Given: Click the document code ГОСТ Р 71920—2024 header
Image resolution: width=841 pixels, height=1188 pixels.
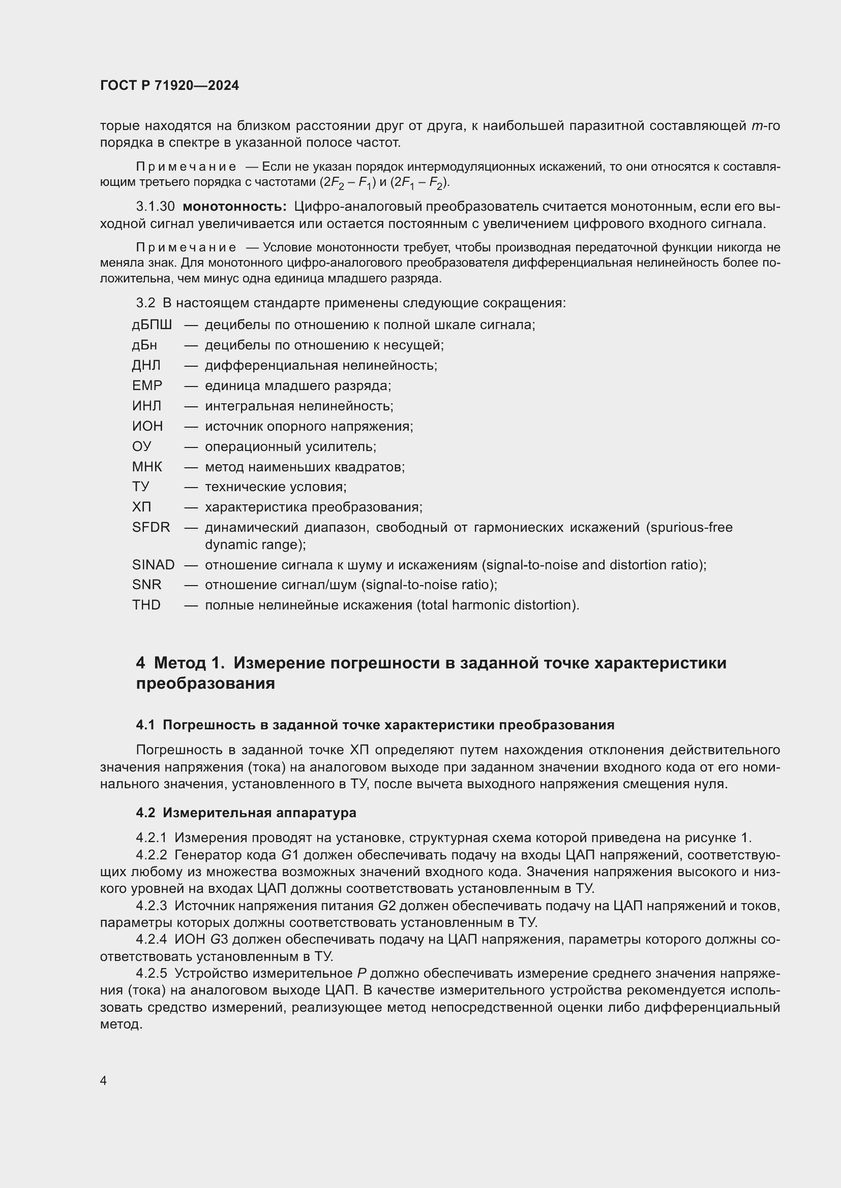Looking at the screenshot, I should click(x=169, y=86).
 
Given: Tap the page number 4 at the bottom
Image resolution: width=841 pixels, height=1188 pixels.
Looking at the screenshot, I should click(x=104, y=1080).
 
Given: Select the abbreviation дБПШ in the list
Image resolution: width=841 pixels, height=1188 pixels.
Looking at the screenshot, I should click(x=152, y=325).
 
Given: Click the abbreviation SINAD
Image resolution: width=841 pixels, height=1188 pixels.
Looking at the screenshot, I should click(x=153, y=564).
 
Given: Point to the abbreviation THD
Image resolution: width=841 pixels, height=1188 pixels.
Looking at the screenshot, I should click(x=146, y=605).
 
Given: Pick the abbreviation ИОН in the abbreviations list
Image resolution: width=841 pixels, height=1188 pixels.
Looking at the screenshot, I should click(x=147, y=426).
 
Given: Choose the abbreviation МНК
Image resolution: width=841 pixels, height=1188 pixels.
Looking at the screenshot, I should click(x=147, y=467).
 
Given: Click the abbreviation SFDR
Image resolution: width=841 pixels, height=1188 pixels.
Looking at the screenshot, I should click(x=151, y=527).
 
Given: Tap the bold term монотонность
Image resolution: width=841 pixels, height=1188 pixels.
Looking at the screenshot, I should click(x=234, y=206).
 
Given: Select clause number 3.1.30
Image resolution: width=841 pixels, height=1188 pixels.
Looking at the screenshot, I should click(x=156, y=206).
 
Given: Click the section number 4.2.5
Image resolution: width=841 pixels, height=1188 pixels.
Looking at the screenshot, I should click(x=152, y=973).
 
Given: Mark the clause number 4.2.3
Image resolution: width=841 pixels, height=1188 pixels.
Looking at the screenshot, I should click(x=152, y=906).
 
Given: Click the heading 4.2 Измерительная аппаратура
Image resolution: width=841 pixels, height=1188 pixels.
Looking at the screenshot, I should click(x=246, y=812).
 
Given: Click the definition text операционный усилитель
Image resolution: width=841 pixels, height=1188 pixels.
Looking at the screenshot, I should click(x=290, y=446).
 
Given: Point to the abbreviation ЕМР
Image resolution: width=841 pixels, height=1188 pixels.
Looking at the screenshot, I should click(x=147, y=386).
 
